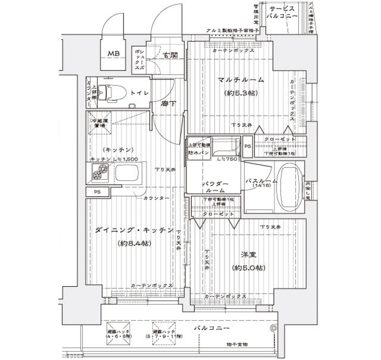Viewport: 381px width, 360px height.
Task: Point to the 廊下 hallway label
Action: [x=168, y=104]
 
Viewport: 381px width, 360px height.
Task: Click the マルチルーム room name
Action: [x=241, y=80]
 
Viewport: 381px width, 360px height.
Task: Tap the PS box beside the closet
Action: [x=247, y=146]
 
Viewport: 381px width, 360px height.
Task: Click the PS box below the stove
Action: [x=97, y=192]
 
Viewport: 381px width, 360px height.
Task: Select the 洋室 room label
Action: [x=248, y=255]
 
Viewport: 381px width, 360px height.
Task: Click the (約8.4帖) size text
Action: [x=133, y=243]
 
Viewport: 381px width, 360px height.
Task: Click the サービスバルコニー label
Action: [x=282, y=12]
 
